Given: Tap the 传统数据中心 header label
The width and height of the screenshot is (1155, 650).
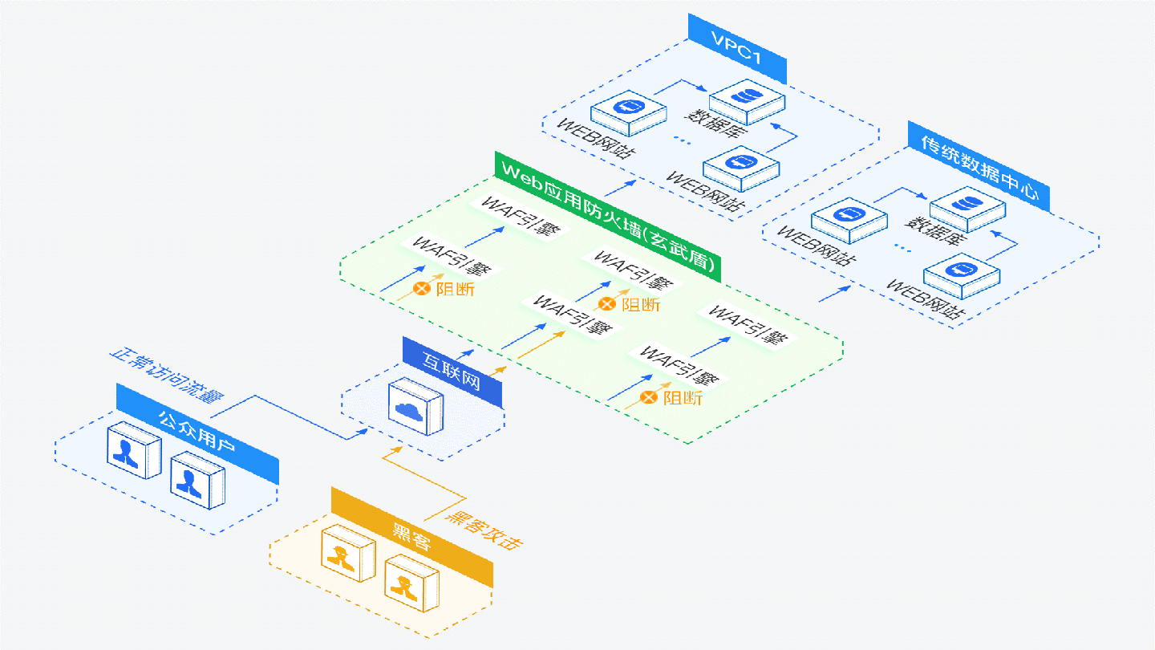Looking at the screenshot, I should click(979, 167).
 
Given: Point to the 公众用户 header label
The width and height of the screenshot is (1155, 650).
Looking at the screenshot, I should click(197, 433).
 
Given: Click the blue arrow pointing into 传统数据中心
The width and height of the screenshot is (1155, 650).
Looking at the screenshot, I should click(836, 292).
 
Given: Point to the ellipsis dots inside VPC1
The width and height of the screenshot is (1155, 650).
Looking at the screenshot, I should click(682, 141).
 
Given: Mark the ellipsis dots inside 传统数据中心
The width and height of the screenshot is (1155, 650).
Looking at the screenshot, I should click(902, 249).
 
